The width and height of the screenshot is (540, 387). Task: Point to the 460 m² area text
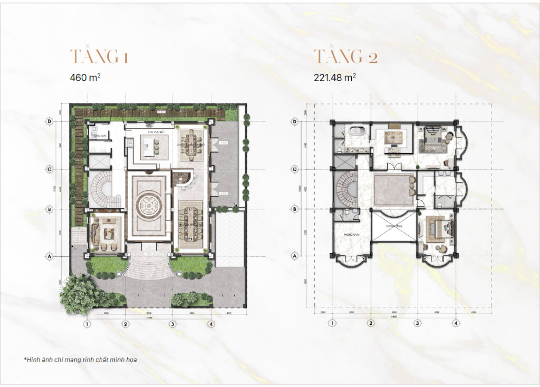tap(85, 77)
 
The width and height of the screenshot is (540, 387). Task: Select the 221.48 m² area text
tap(334, 77)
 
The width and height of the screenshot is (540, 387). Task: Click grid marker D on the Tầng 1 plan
tap(50, 121)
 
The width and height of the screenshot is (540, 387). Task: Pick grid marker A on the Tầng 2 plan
tap(295, 256)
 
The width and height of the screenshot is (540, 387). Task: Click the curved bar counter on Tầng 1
tap(182, 179)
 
